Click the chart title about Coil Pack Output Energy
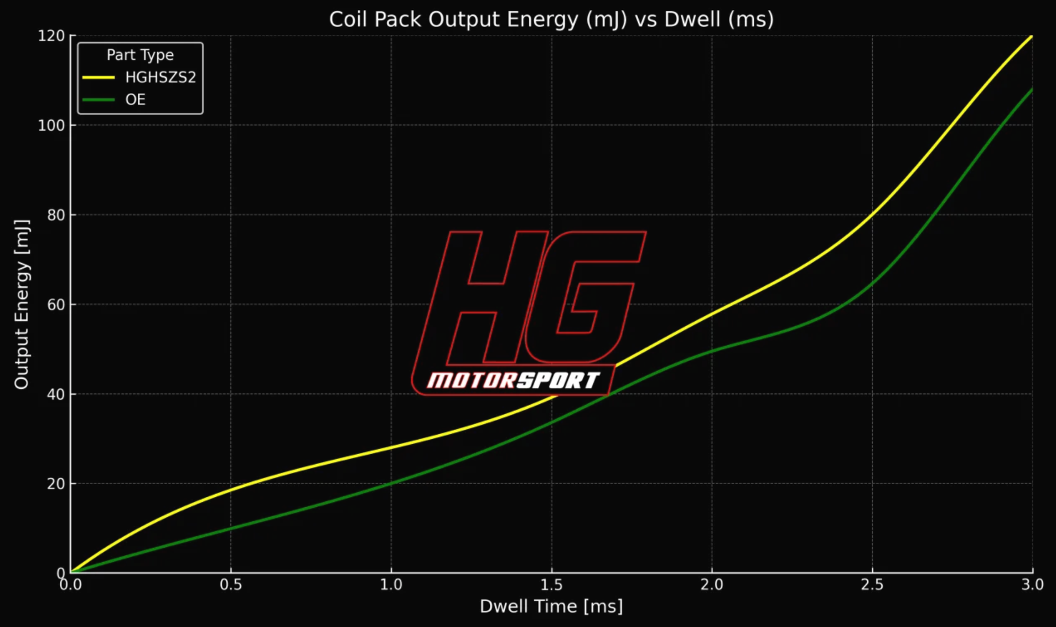pyautogui.click(x=551, y=19)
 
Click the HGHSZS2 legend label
pyautogui.click(x=161, y=77)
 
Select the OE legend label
pyautogui.click(x=135, y=100)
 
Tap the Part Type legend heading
pyautogui.click(x=140, y=55)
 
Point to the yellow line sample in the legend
pyautogui.click(x=99, y=78)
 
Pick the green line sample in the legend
pyautogui.click(x=99, y=100)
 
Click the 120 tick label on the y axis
pyautogui.click(x=51, y=36)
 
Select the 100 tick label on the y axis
pyautogui.click(x=51, y=126)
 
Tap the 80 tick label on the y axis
pyautogui.click(x=55, y=215)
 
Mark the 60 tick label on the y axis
pyautogui.click(x=55, y=305)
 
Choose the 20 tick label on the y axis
pyautogui.click(x=55, y=484)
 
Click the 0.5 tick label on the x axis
pyautogui.click(x=231, y=585)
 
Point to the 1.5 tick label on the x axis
pyautogui.click(x=551, y=585)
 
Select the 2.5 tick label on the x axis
pyautogui.click(x=872, y=585)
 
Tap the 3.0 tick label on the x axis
pyautogui.click(x=1032, y=585)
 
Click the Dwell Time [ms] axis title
pyautogui.click(x=551, y=607)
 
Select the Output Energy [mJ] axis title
pyautogui.click(x=22, y=304)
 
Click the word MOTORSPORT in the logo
pyautogui.click(x=513, y=381)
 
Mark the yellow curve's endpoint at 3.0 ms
pyautogui.click(x=1032, y=37)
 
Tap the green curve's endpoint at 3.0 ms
pyautogui.click(x=1032, y=89)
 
